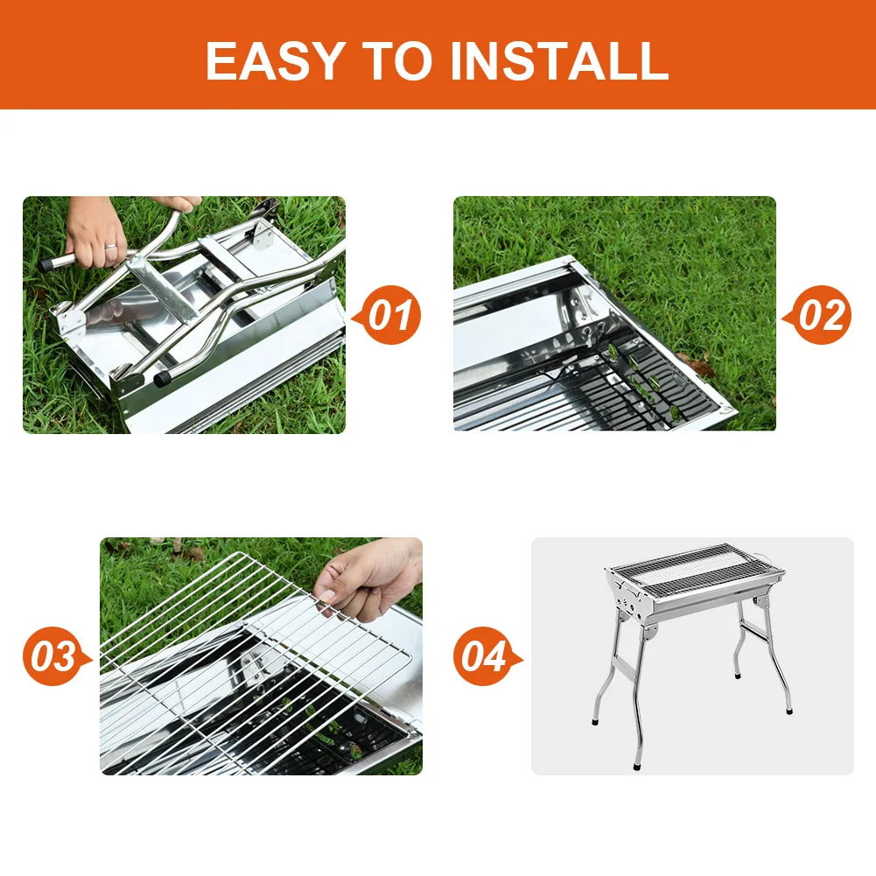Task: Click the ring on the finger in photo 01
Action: click(x=110, y=247)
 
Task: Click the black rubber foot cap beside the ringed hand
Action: click(x=46, y=264)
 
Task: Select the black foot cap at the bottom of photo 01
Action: click(x=163, y=379)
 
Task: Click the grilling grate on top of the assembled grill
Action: click(x=696, y=568)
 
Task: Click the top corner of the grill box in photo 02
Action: click(x=570, y=259)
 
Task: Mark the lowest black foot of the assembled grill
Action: click(x=638, y=766)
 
